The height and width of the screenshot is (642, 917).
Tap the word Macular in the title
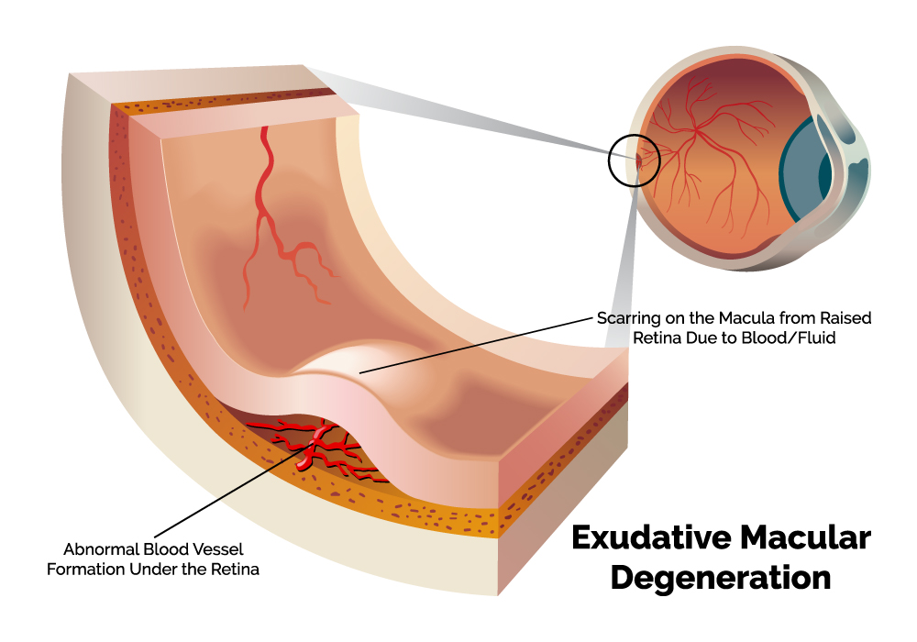(x=812, y=538)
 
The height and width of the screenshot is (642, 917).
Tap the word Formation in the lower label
(x=100, y=570)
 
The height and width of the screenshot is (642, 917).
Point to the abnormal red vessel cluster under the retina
(x=316, y=445)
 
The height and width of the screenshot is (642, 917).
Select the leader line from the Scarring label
(x=477, y=345)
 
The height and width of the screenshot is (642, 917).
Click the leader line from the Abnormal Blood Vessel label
(x=229, y=491)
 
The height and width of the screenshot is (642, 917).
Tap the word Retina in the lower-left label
(x=237, y=570)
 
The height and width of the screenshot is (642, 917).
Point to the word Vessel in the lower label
(x=208, y=550)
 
